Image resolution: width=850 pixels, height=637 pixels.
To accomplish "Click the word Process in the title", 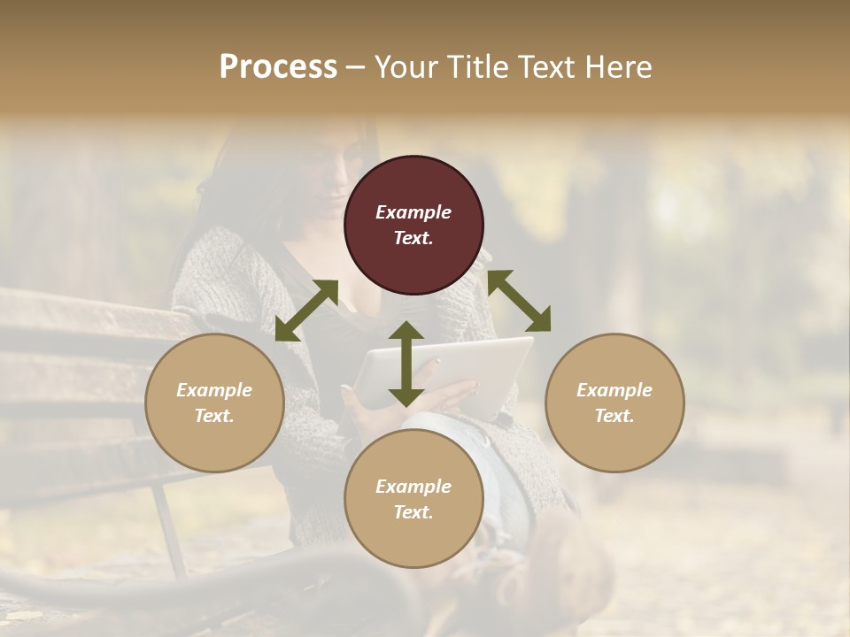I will (x=278, y=67).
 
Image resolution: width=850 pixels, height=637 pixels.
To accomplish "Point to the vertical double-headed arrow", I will (x=406, y=364).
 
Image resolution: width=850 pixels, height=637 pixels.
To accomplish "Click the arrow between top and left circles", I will (x=306, y=310).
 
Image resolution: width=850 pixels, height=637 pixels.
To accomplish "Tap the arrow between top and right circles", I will (x=519, y=301).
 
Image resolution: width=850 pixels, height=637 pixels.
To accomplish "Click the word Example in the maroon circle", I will (x=413, y=212).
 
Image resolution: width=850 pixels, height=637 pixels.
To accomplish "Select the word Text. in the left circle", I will (x=214, y=416).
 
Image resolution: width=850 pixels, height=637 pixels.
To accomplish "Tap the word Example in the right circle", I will (x=614, y=390).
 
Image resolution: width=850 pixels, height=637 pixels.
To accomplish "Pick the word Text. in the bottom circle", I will (x=413, y=512).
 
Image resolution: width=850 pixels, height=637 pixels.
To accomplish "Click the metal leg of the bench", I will (x=168, y=531).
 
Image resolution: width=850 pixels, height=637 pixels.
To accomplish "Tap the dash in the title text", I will (x=356, y=68).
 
